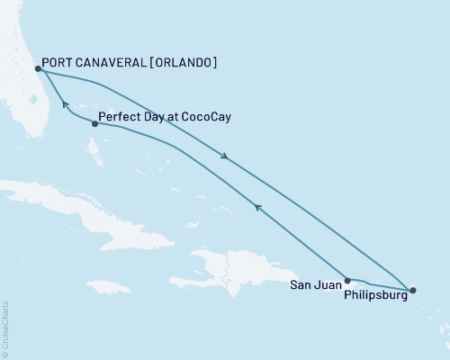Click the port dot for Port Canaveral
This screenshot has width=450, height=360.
38,68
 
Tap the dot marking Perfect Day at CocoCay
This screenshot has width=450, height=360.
94,123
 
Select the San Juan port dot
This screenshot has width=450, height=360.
347,280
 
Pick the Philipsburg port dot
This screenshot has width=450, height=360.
412,290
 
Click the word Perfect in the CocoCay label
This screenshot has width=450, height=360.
120,117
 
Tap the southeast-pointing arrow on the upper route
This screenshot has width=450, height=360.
226,157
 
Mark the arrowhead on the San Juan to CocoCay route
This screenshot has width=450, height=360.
257,208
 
